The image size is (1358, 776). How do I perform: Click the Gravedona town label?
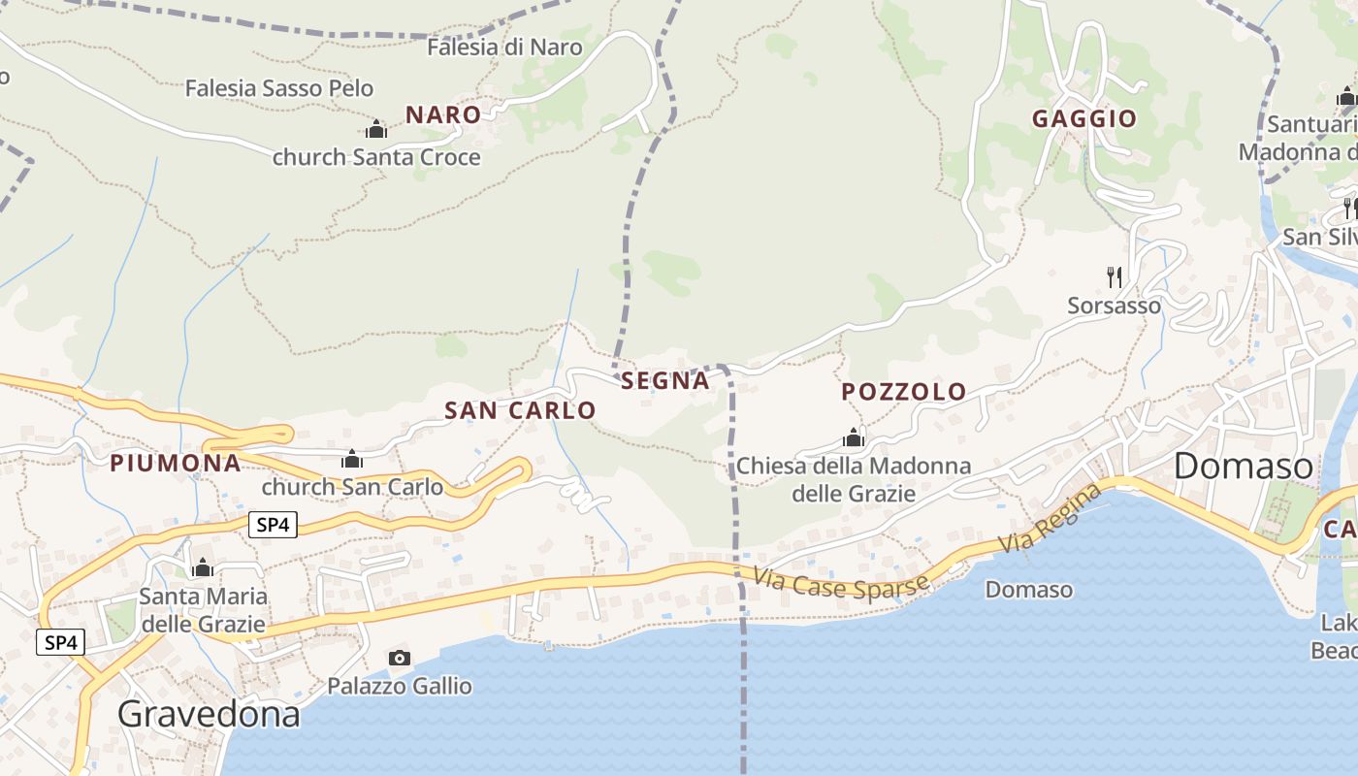[209, 715]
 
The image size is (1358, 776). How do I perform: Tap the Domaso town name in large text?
[1244, 467]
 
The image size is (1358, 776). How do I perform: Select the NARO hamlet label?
[443, 114]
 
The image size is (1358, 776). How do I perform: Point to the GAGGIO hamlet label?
[1084, 119]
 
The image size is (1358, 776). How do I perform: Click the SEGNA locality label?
[665, 381]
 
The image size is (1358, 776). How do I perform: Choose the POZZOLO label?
[904, 392]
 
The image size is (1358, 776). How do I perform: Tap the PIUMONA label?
[176, 463]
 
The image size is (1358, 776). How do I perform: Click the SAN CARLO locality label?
[520, 410]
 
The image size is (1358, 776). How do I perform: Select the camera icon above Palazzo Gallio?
[399, 659]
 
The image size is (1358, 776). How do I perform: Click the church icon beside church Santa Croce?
[376, 129]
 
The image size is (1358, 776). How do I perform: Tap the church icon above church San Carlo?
[352, 459]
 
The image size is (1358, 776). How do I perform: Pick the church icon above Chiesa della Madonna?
[854, 437]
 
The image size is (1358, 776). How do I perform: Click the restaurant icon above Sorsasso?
[1115, 277]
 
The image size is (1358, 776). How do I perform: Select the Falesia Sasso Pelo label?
[279, 88]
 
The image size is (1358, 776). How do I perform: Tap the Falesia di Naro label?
[504, 47]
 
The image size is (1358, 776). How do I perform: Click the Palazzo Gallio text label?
[400, 687]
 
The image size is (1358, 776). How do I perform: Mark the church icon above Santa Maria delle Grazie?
[203, 567]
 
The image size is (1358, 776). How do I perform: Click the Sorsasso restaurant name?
[1114, 306]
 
